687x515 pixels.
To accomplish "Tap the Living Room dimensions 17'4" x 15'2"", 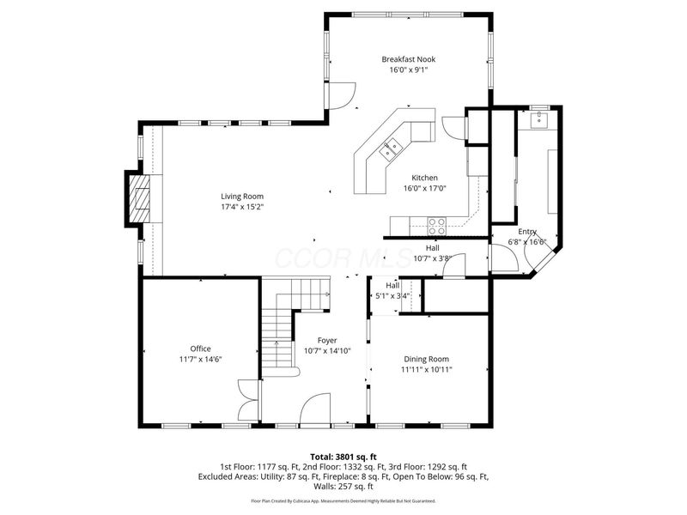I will pyautogui.click(x=242, y=207).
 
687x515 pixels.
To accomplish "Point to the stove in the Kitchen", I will pyautogui.click(x=437, y=227).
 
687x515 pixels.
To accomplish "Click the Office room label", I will pyautogui.click(x=201, y=348).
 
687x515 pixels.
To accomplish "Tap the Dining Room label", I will pyautogui.click(x=427, y=359).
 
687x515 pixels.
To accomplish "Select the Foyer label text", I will pyautogui.click(x=326, y=339).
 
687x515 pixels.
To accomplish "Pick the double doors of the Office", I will pyautogui.click(x=249, y=399).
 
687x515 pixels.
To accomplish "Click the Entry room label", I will pyautogui.click(x=526, y=232).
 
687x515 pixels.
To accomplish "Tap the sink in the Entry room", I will pyautogui.click(x=539, y=120).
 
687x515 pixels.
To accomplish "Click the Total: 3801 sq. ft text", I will pyautogui.click(x=343, y=457).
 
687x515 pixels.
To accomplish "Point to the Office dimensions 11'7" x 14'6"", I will pyautogui.click(x=201, y=360).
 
